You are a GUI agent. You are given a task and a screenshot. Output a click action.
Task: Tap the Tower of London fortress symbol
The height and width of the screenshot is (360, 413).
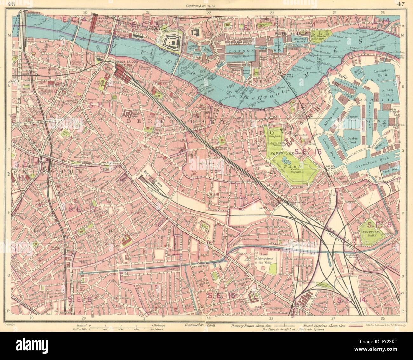(x=174, y=41)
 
